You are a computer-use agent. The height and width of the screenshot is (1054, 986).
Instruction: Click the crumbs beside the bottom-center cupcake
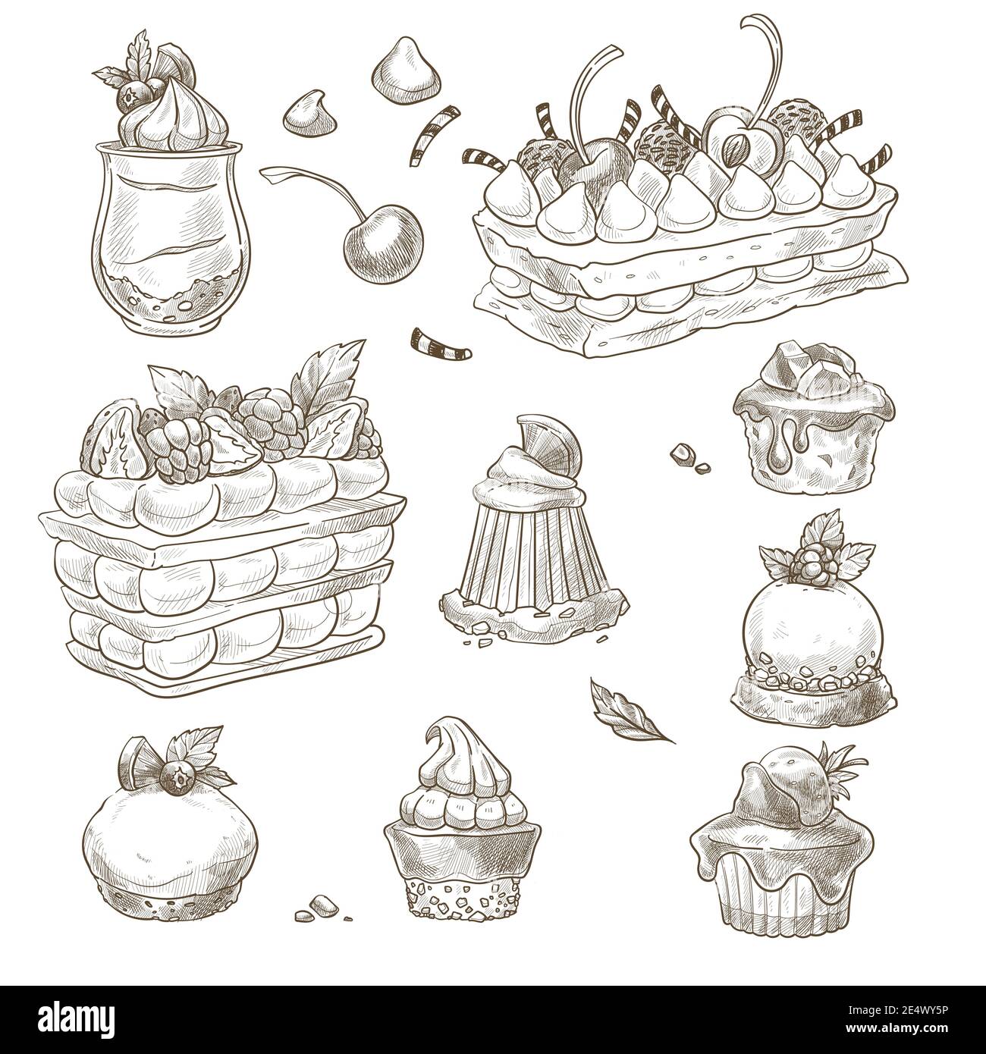(322, 905)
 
